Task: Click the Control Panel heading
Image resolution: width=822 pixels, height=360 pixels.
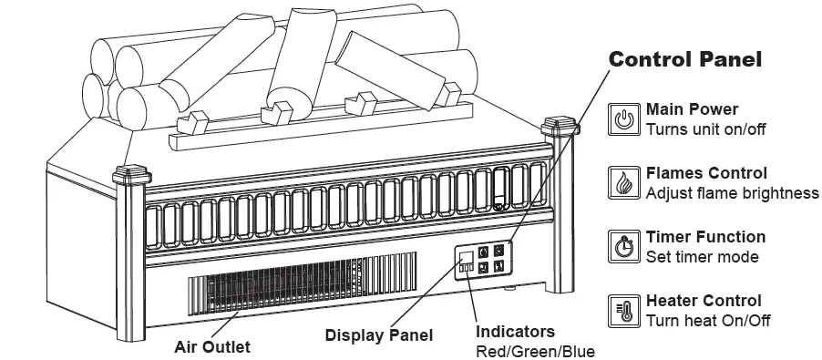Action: tap(684, 60)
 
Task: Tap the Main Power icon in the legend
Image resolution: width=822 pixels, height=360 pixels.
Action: tap(624, 118)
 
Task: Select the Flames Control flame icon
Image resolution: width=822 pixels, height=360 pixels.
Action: tap(624, 182)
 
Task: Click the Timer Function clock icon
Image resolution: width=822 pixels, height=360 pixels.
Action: tap(624, 246)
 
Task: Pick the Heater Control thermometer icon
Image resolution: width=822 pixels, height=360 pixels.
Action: tap(624, 310)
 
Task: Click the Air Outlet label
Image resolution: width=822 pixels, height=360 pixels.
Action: tap(211, 346)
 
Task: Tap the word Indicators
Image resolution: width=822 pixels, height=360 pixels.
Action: tap(515, 332)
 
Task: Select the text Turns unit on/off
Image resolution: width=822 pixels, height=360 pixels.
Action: tap(705, 129)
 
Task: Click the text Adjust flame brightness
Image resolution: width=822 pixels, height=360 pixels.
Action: tap(732, 192)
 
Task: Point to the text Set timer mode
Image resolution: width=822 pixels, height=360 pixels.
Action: tap(702, 257)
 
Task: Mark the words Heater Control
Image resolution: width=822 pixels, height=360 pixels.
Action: tap(704, 301)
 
